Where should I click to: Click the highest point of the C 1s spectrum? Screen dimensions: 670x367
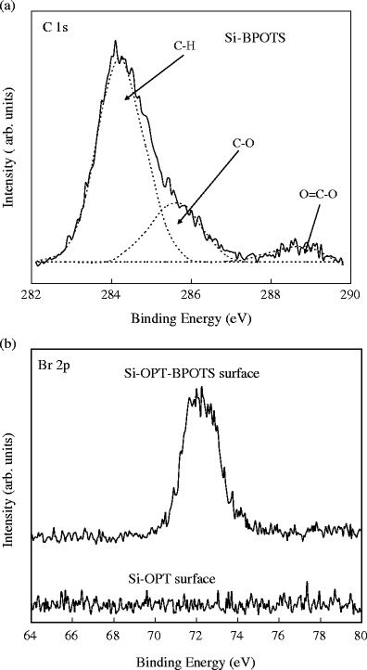(115, 42)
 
